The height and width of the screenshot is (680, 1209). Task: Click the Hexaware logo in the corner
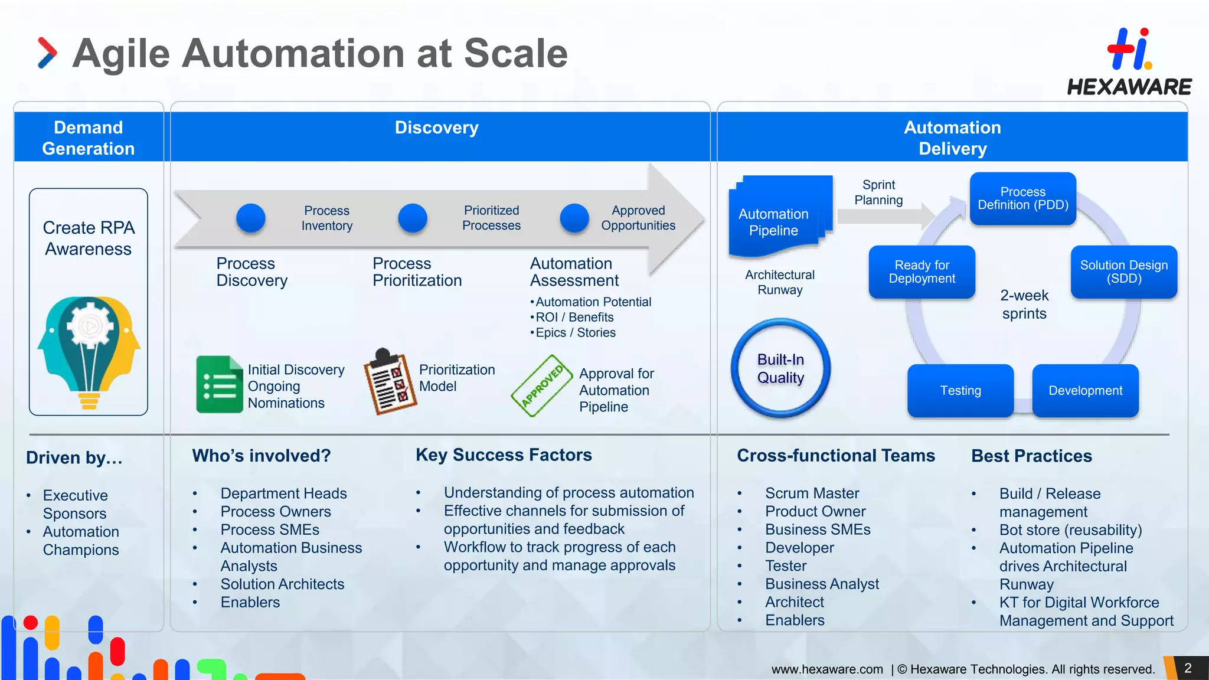[1129, 62]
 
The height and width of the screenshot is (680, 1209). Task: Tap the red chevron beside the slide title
[47, 53]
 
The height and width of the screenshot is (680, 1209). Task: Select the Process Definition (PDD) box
[1022, 198]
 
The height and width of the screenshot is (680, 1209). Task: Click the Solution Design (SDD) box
[1123, 272]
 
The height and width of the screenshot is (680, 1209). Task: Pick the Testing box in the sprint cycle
[960, 390]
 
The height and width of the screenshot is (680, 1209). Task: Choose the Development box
[1085, 390]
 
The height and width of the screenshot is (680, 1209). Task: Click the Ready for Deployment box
[922, 272]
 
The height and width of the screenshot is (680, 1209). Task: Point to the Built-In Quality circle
[780, 368]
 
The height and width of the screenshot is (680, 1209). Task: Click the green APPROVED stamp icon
[542, 385]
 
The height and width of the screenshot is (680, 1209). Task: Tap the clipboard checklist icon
[390, 382]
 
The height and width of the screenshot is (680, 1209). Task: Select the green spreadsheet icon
[219, 384]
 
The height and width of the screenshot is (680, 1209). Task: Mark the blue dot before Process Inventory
[250, 218]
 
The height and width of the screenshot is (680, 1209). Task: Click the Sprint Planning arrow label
[878, 192]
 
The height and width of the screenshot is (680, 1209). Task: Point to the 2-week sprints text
[1024, 304]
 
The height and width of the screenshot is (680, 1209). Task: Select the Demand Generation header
[89, 138]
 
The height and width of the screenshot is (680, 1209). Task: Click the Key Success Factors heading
[504, 455]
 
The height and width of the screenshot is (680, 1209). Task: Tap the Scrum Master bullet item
[812, 493]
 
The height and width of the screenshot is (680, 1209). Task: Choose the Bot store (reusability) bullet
[1070, 529]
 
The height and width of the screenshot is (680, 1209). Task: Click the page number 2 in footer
[1188, 668]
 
